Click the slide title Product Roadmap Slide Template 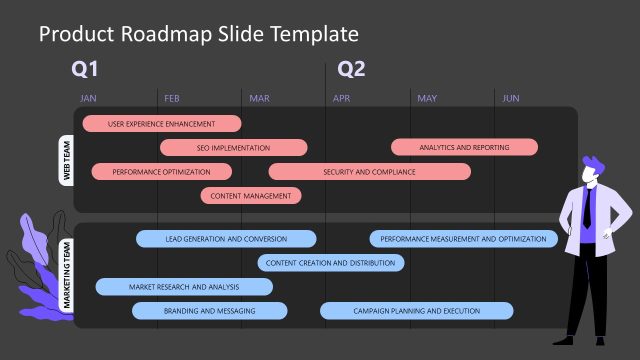pos(198,34)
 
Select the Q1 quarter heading pos(85,69)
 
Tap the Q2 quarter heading pos(351,69)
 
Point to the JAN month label pos(88,98)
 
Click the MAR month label pos(259,98)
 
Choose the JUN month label pos(510,98)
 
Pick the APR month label pos(342,98)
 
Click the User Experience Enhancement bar pos(161,124)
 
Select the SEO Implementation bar pos(233,148)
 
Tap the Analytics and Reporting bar pos(464,148)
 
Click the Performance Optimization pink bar pos(161,172)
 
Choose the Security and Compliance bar pos(369,172)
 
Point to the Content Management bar pos(251,196)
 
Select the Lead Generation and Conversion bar pos(226,239)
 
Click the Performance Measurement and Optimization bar pos(464,239)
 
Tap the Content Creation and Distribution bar pos(331,263)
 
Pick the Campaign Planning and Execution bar pos(416,311)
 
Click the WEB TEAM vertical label pos(67,160)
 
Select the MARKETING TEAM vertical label pos(67,275)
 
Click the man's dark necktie pos(587,208)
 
